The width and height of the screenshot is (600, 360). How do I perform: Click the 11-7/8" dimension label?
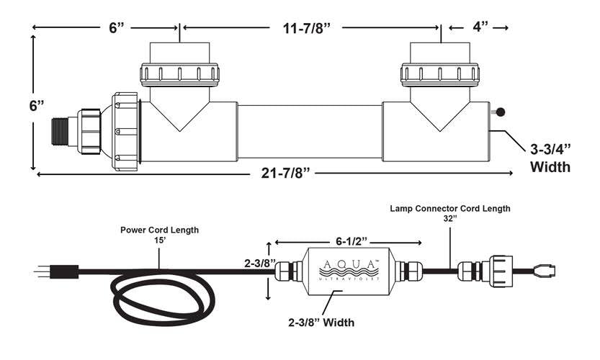tap(306, 28)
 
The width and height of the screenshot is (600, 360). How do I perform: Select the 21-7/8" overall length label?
tap(285, 173)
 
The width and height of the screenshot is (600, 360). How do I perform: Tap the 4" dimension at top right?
tap(480, 27)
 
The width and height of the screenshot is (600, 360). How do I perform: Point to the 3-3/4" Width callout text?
tap(550, 158)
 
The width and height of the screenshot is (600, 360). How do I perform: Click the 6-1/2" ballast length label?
tap(352, 242)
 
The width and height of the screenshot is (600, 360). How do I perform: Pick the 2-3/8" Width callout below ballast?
tap(321, 323)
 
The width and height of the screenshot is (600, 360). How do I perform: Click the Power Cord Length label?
tap(160, 230)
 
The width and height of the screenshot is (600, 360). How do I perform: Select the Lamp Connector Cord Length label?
tap(450, 209)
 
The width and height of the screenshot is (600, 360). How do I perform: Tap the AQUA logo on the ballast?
tap(349, 270)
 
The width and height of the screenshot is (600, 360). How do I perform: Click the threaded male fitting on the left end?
tap(59, 131)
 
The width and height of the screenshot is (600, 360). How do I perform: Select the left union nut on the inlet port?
tap(180, 74)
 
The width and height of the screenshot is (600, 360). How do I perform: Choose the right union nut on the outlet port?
tap(440, 74)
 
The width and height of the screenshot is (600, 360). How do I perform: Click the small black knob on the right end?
tap(500, 112)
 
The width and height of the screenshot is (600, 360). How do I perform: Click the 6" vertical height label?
tap(37, 106)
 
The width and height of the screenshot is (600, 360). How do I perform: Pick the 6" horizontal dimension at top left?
tap(117, 27)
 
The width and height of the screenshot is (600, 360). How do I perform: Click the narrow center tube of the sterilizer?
tap(310, 131)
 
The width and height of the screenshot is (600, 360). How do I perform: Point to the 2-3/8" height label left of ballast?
tap(260, 264)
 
